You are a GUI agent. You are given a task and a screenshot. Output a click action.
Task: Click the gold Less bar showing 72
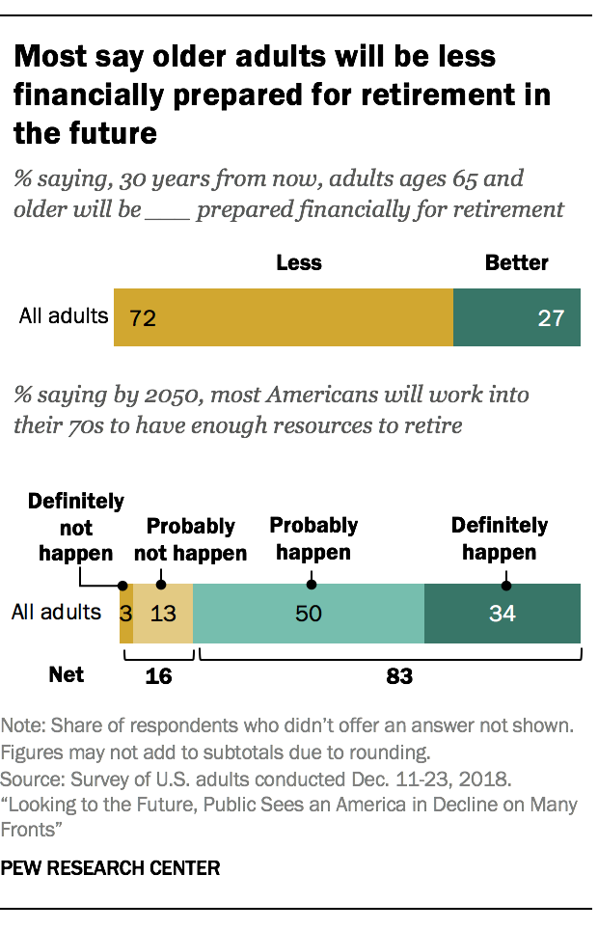(x=283, y=317)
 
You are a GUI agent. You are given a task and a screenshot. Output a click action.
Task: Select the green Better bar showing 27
(x=516, y=317)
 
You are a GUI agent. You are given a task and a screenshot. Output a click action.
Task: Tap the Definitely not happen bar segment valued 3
(x=125, y=613)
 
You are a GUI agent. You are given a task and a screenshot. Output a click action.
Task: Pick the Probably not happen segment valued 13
(x=162, y=613)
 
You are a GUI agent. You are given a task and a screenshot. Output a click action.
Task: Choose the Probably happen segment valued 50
(x=308, y=613)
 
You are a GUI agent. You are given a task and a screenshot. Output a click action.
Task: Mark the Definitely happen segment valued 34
(x=502, y=613)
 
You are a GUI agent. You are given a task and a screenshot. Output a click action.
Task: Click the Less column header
(x=299, y=262)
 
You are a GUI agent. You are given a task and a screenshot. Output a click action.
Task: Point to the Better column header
(x=516, y=262)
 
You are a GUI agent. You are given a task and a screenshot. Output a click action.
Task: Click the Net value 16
(x=158, y=676)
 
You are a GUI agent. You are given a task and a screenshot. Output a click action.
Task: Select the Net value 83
(x=399, y=676)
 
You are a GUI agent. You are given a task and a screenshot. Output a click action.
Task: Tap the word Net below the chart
(x=67, y=674)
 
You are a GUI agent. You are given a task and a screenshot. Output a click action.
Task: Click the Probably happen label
(x=313, y=539)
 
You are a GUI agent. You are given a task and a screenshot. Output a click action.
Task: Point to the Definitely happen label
(x=500, y=539)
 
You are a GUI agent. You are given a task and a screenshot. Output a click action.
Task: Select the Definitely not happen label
(x=76, y=528)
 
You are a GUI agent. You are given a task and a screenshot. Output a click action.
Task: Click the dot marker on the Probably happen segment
(x=312, y=584)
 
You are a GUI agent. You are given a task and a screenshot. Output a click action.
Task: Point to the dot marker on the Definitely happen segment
(x=505, y=584)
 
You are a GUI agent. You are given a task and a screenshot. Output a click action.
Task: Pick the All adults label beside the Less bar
(x=64, y=316)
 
